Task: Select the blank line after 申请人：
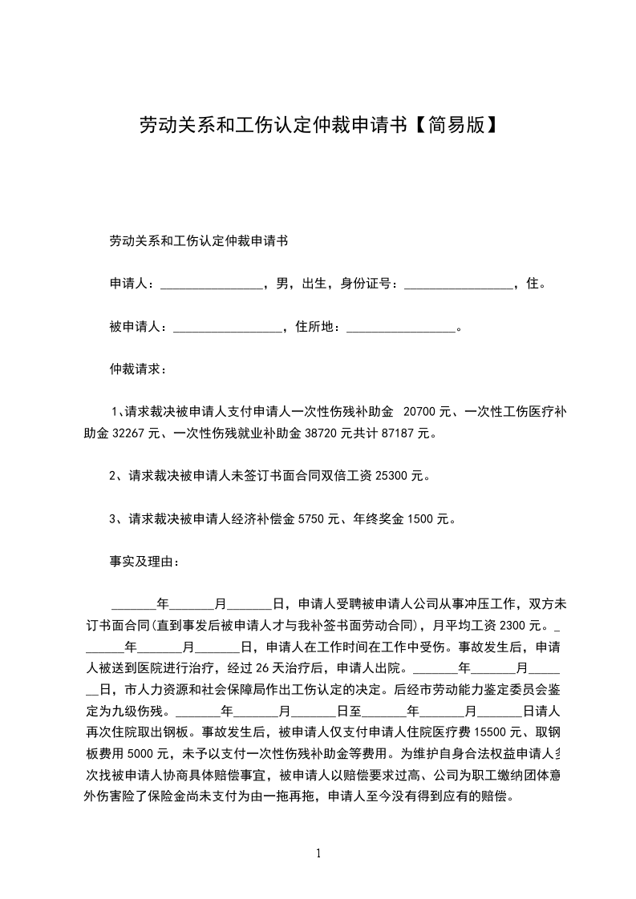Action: coord(213,284)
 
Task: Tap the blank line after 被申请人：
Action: coord(228,327)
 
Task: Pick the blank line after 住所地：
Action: coord(401,327)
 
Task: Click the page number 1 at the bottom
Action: coord(318,854)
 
